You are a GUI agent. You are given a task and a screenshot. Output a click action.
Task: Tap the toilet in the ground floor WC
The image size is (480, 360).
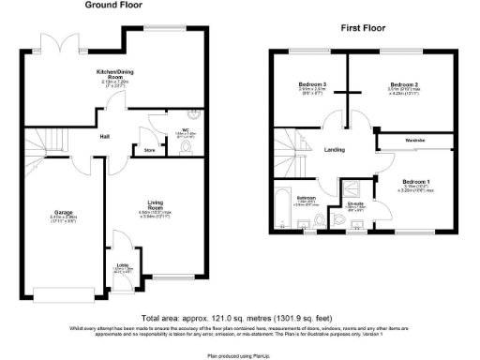[182, 146]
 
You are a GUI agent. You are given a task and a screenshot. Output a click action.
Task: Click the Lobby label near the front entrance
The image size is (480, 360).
[123, 264]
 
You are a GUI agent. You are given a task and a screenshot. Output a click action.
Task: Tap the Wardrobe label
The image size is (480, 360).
[415, 141]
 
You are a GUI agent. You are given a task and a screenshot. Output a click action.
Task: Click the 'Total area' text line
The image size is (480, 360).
[240, 319]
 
